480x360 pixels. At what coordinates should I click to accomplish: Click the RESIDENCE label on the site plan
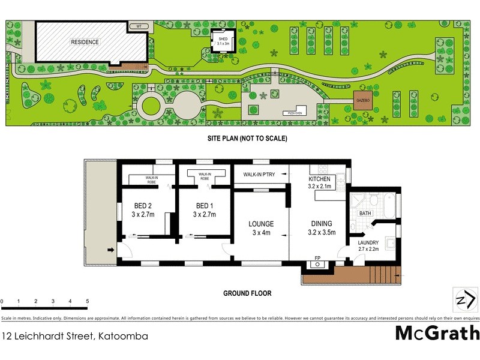tap(85, 42)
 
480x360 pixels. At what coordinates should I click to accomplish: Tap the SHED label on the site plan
tap(223, 37)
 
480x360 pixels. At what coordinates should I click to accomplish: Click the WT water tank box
tap(139, 26)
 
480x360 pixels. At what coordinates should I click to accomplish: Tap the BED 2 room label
tap(143, 206)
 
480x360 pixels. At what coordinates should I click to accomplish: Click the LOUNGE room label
tap(261, 224)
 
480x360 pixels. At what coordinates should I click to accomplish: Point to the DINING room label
tap(321, 224)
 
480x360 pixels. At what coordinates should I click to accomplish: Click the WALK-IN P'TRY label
tap(260, 175)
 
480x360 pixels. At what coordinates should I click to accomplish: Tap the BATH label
tap(365, 214)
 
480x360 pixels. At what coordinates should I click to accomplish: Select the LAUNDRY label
tap(368, 242)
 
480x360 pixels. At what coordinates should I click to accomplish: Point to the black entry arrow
tap(110, 250)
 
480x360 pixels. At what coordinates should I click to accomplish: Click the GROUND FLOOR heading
tap(247, 294)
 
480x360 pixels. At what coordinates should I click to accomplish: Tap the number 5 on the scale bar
tap(88, 301)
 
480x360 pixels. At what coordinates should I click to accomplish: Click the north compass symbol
tap(466, 300)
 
